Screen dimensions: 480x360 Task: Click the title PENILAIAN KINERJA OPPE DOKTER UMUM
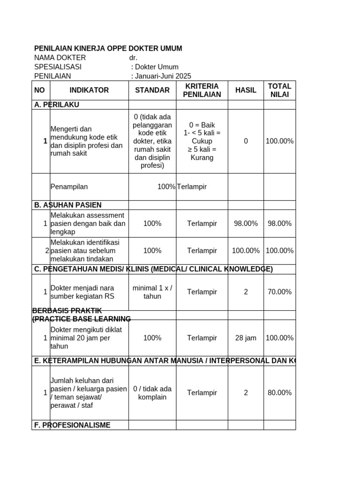coord(108,49)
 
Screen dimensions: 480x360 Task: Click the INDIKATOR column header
coord(89,90)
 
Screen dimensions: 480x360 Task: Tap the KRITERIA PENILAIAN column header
coord(202,90)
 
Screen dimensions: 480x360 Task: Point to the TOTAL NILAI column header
coord(279,90)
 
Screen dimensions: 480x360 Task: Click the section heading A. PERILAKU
coord(57,105)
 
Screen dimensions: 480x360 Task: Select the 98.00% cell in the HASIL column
coord(246,224)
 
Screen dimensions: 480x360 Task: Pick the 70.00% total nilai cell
coord(279,292)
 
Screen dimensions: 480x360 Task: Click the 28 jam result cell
coord(246,338)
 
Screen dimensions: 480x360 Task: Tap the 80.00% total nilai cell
coord(279,393)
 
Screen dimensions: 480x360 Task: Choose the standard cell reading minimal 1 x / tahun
coord(152,292)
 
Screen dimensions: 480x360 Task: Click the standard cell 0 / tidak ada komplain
coord(152,393)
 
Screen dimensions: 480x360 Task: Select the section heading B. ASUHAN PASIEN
coord(68,205)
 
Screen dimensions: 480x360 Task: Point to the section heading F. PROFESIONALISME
coord(72,425)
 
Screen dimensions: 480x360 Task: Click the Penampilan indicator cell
coord(69,187)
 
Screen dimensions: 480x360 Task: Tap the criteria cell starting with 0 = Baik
coord(202,141)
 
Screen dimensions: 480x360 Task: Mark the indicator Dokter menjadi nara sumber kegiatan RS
coord(82,292)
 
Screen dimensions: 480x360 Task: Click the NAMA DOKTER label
coord(60,58)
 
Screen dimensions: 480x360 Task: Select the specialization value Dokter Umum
coord(157,67)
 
